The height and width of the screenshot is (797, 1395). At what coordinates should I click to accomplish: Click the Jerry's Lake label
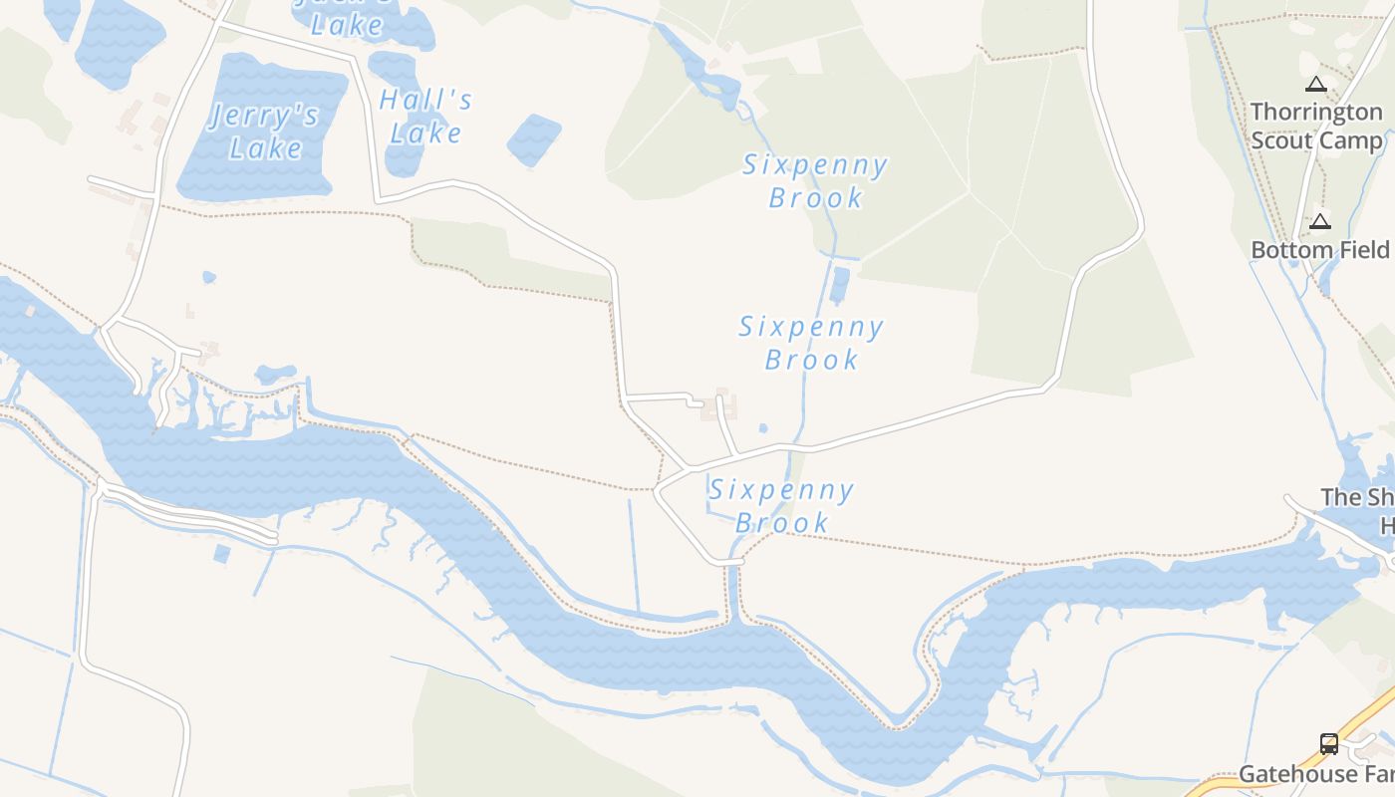(x=265, y=132)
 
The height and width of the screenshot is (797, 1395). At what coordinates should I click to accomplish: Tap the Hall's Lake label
(x=425, y=116)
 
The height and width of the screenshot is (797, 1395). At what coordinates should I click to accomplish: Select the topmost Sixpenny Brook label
(x=815, y=180)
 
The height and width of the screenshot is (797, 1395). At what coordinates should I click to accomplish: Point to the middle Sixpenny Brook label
(x=811, y=342)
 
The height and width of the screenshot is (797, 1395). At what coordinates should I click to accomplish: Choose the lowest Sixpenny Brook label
(x=781, y=505)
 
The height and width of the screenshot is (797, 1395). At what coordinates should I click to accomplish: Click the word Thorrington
(x=1316, y=112)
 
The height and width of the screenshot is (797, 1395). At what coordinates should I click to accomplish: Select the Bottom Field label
(x=1319, y=249)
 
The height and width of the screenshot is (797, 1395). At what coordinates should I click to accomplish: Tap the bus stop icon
(x=1329, y=743)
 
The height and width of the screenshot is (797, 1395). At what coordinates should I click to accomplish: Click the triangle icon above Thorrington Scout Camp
(x=1316, y=85)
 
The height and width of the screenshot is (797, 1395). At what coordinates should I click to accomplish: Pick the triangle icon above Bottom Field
(x=1320, y=221)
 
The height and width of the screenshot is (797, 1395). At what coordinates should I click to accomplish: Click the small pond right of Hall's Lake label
(x=534, y=138)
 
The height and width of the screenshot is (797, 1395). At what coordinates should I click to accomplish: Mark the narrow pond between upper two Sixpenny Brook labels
(x=840, y=284)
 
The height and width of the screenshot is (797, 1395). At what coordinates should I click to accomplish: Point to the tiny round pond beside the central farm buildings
(x=763, y=428)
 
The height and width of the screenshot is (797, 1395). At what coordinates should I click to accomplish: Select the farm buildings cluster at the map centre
(x=722, y=405)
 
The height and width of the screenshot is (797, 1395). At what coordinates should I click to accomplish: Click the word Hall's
(x=425, y=100)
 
